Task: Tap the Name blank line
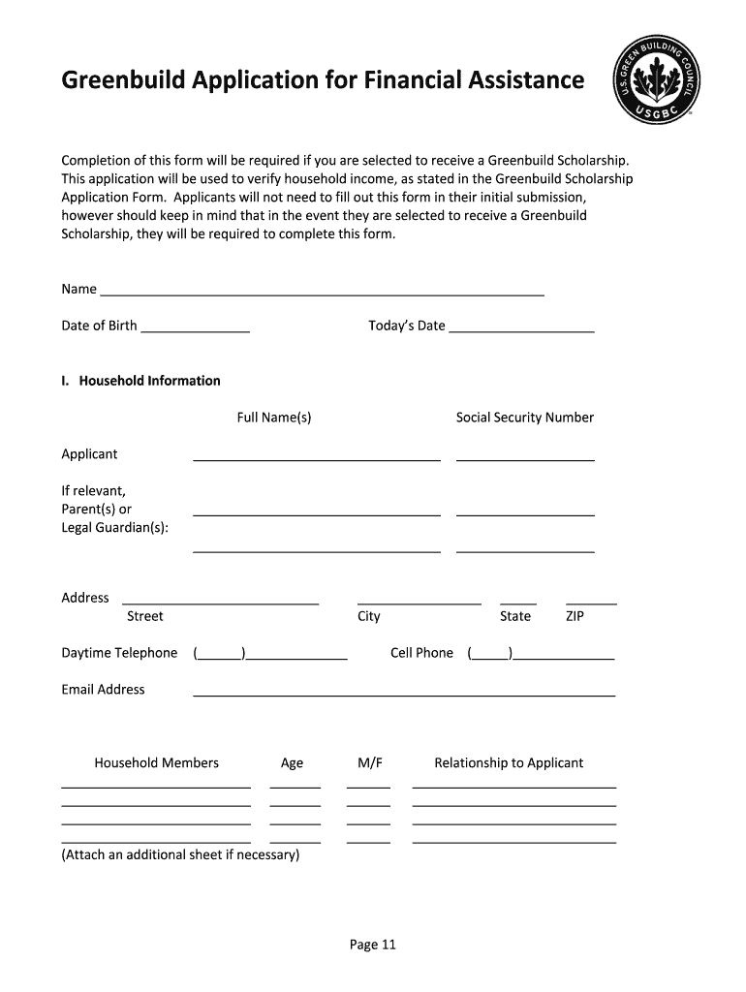coord(322,290)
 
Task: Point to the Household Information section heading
coord(141,381)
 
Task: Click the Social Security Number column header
coord(524,418)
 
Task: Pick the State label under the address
coord(515,616)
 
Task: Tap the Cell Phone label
coord(421,653)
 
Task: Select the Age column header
coord(292,763)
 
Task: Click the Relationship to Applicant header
coord(509,763)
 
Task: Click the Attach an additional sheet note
coord(180,854)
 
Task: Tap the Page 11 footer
coord(373,945)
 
